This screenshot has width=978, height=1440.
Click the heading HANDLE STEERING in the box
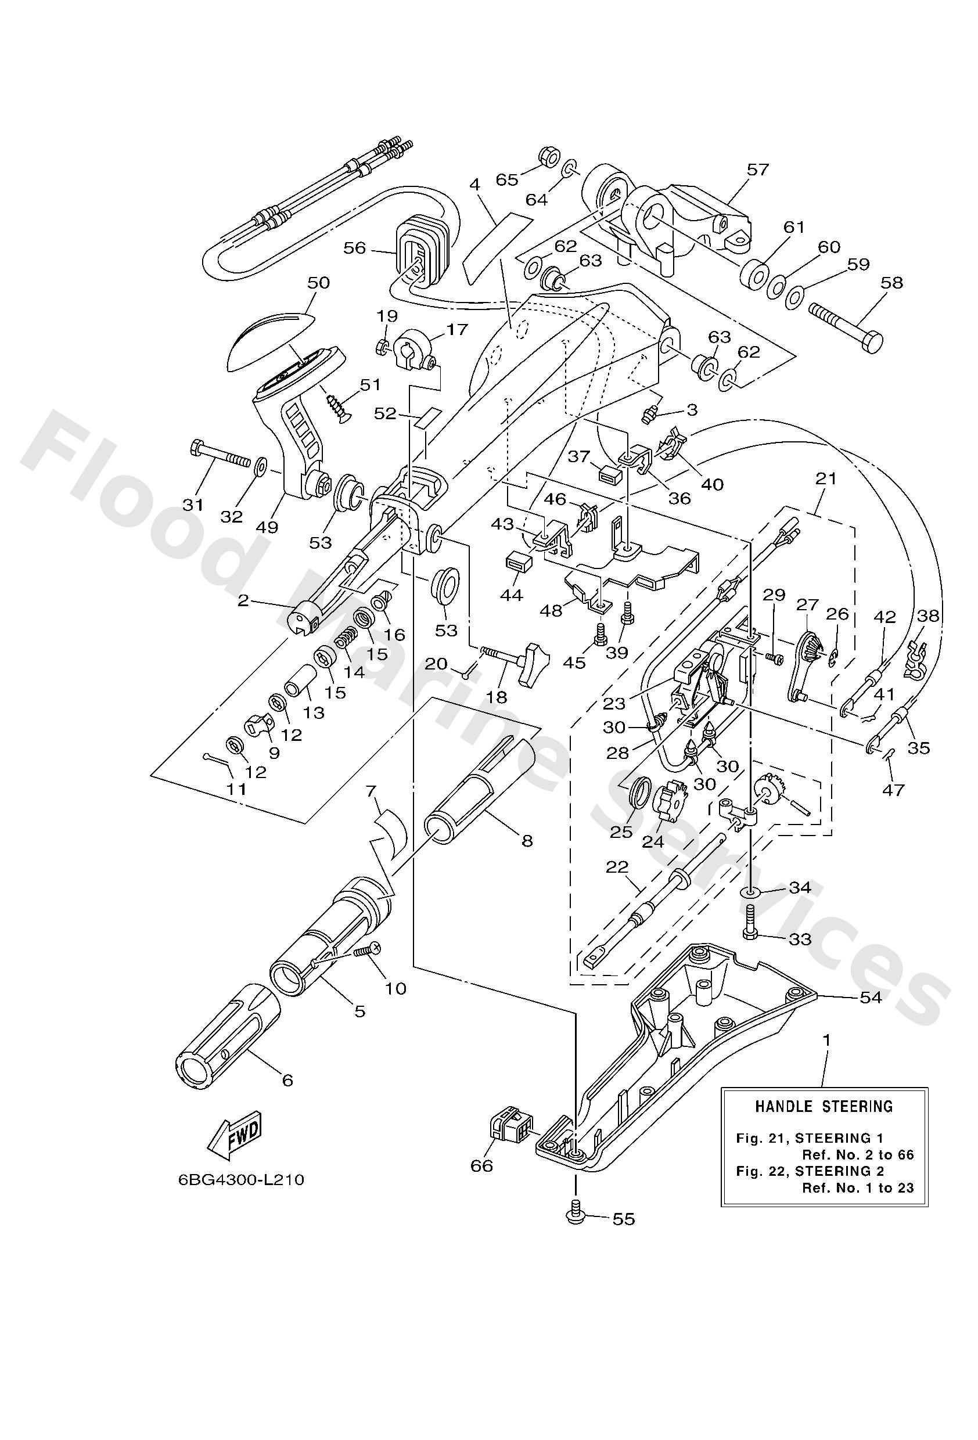click(824, 1106)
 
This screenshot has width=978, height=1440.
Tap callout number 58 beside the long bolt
click(891, 283)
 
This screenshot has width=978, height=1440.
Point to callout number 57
click(757, 169)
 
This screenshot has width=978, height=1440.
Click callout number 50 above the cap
click(319, 283)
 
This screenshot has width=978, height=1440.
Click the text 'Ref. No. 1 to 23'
click(858, 1188)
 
